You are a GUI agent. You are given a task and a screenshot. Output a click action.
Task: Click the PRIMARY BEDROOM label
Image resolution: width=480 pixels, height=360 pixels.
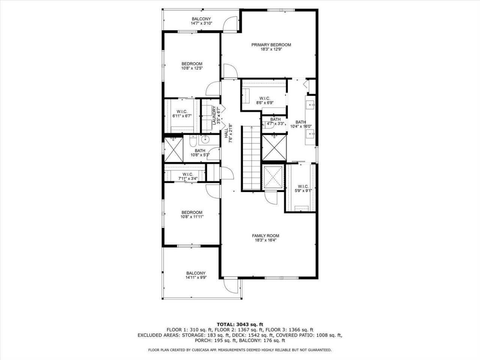coord(271,45)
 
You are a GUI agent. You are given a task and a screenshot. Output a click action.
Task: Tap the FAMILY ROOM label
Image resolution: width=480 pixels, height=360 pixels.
coord(265,236)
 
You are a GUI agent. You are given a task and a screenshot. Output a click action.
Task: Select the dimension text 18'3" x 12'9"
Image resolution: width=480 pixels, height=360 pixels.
coord(271,49)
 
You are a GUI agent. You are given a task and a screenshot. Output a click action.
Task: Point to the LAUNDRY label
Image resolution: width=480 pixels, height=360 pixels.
coord(214,116)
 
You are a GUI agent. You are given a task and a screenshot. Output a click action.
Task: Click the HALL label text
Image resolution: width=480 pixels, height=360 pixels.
coord(226,133)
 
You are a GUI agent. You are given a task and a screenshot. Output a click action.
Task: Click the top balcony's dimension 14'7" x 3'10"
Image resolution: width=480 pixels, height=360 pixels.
coord(201,23)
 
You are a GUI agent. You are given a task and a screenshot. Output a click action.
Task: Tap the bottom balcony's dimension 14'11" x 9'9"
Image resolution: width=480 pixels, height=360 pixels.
coord(196,278)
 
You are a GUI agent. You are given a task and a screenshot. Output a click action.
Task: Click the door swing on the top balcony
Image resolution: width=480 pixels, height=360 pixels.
coord(229,23)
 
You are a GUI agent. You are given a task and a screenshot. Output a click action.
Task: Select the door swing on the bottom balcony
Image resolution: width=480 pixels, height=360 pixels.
coord(231,287)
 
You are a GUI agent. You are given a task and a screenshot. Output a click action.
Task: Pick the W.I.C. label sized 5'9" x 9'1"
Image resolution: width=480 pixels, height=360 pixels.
coord(303,186)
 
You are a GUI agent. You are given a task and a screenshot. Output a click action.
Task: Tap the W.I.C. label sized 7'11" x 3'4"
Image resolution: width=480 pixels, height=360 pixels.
coord(187,174)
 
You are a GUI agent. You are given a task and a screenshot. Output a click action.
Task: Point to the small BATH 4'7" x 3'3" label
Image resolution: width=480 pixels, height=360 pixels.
coord(275,120)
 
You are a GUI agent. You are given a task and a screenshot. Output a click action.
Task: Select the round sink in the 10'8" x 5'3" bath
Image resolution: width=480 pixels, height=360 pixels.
coord(205,140)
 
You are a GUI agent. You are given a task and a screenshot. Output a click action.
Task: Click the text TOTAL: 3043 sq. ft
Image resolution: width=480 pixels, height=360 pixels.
coord(240,324)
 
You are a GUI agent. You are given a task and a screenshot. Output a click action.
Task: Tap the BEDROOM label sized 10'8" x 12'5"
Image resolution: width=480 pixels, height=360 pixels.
coord(192,64)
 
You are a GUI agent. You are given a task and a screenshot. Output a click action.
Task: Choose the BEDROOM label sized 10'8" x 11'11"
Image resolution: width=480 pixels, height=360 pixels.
coord(192,212)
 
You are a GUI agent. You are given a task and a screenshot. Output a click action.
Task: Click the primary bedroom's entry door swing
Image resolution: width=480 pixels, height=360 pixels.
coord(229,71)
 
